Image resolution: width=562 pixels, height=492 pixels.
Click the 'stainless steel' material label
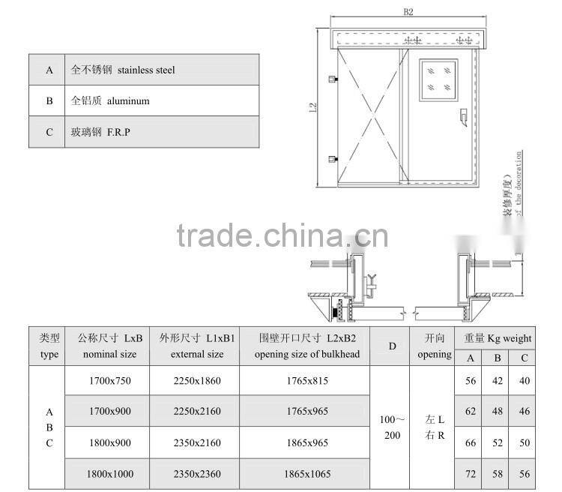coord(146,70)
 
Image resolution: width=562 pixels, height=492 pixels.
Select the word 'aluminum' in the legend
coord(128,100)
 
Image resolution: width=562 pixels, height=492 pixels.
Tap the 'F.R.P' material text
coord(120,132)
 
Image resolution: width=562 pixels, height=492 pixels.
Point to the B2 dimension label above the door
coord(408,12)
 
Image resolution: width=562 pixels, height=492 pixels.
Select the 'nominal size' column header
coord(109,354)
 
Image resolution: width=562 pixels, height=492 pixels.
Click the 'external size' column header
coord(197,354)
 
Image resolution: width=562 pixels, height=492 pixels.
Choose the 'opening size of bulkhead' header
coord(307,354)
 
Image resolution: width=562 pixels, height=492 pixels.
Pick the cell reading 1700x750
coord(109,381)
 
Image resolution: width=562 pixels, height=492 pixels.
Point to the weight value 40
coord(524,381)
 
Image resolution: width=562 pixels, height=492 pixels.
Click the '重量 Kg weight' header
coord(498,338)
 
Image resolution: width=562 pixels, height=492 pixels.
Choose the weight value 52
coord(498,442)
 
